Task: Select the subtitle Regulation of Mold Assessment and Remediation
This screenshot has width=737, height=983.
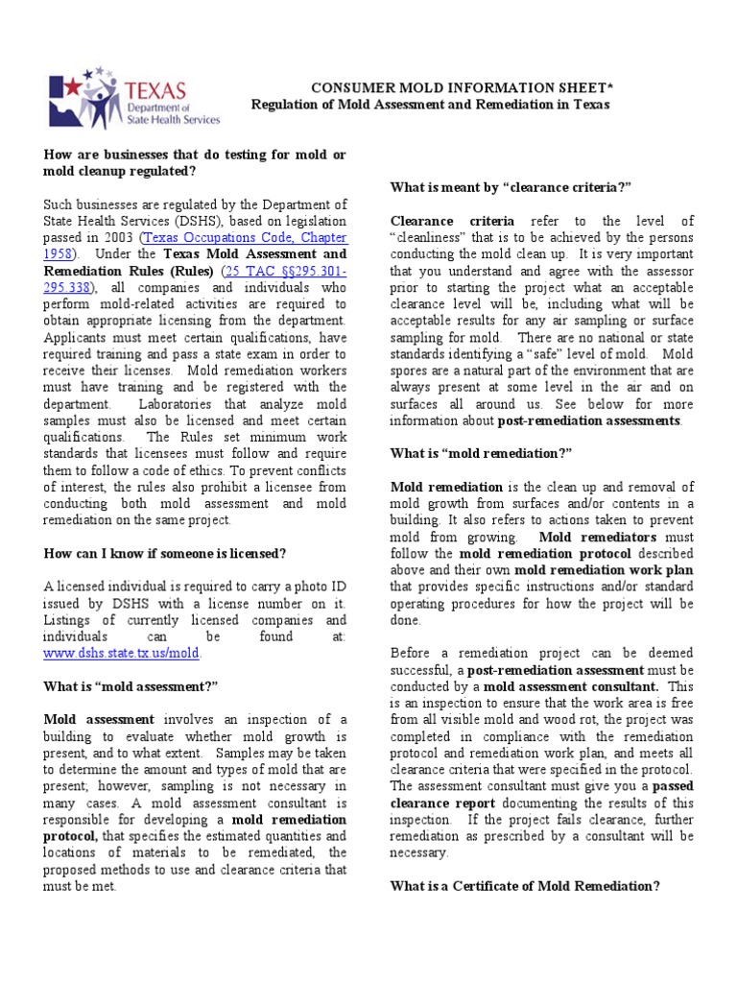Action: [430, 105]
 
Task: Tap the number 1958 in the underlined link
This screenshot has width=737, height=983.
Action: [57, 253]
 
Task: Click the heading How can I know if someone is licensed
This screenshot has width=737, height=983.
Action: [165, 553]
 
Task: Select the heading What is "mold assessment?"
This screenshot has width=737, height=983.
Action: [131, 685]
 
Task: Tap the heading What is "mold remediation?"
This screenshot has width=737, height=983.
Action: [481, 454]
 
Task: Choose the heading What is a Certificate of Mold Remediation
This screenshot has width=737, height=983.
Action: [524, 886]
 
